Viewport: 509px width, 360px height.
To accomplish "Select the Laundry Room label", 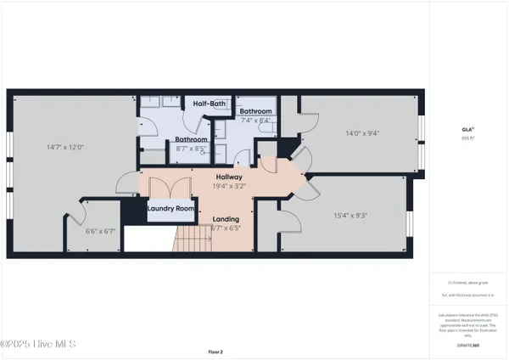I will point(172,208).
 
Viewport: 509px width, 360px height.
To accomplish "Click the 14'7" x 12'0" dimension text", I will point(65,147).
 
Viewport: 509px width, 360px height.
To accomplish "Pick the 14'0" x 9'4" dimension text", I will point(361,132).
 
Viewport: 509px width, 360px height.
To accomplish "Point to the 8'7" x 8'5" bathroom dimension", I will point(192,149).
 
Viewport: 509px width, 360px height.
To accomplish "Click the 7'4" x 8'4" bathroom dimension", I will point(255,121).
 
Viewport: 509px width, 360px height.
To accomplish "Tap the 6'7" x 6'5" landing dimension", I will point(226,228).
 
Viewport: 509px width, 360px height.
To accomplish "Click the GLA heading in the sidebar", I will point(467,129).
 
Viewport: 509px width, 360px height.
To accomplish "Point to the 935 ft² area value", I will point(467,138).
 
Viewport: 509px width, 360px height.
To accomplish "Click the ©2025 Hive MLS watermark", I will point(38,344).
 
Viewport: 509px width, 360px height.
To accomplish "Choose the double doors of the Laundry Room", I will point(172,191).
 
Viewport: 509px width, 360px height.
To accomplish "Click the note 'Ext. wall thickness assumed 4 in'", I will point(467,295).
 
